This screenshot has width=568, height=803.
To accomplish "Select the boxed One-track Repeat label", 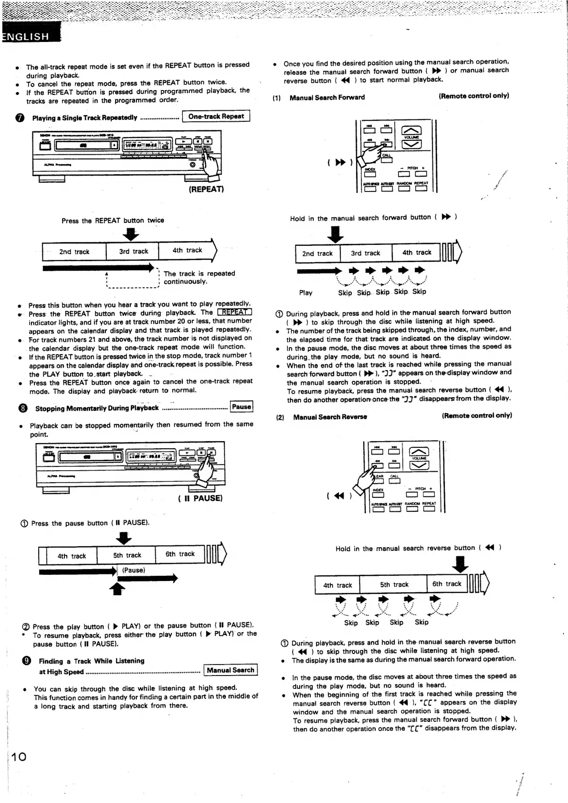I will coord(216,116).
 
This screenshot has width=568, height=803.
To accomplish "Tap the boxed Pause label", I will coord(242,407).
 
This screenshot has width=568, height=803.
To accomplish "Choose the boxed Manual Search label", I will coord(230,670).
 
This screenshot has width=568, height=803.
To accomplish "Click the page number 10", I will coord(19,756).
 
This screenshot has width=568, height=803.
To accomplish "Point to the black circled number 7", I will coord(20,118).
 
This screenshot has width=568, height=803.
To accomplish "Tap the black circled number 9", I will coord(27,661).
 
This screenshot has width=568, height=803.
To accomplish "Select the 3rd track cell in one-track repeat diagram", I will coord(134,251).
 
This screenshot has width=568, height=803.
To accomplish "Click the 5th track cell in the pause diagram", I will coord(126,555).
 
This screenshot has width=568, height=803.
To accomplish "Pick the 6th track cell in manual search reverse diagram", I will coord(447,584).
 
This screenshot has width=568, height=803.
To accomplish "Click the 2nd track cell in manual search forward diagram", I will coord(317,254).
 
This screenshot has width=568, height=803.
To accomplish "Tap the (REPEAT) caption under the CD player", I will coord(206,189).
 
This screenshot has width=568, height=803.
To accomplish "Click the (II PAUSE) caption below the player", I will coord(200,498).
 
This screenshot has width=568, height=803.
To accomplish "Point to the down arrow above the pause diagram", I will coord(124,538).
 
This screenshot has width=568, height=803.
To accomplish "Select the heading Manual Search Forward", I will coord(327,97).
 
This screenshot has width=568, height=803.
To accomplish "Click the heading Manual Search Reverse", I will coord(330,417).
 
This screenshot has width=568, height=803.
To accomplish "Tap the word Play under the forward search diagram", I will coord(305,293).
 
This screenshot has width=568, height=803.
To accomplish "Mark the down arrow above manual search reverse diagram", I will coord(460,565).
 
